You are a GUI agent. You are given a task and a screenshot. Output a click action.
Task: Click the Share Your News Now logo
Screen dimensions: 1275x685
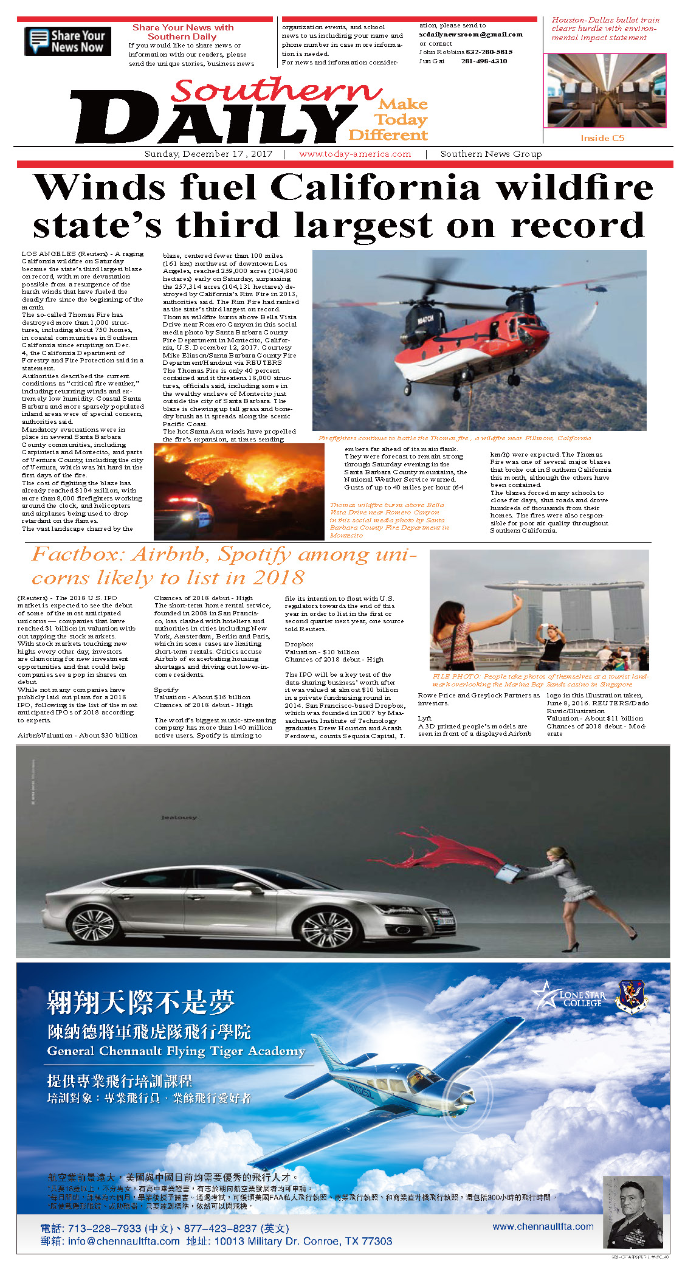tap(67, 41)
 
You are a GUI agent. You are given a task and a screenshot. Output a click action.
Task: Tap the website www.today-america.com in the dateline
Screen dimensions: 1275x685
tap(355, 154)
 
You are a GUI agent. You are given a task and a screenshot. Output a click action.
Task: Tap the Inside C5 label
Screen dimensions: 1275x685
tap(602, 138)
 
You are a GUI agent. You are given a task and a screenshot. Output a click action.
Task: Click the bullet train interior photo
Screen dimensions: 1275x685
tap(605, 90)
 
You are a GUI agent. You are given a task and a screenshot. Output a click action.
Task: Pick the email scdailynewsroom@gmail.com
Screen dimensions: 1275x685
tap(470, 35)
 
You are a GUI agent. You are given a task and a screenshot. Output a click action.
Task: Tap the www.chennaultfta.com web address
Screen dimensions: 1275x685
tap(543, 1226)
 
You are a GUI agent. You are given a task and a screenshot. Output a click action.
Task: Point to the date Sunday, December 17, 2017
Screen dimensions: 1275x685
tap(208, 154)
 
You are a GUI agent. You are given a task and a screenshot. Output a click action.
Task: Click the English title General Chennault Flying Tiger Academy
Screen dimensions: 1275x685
tap(176, 1051)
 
